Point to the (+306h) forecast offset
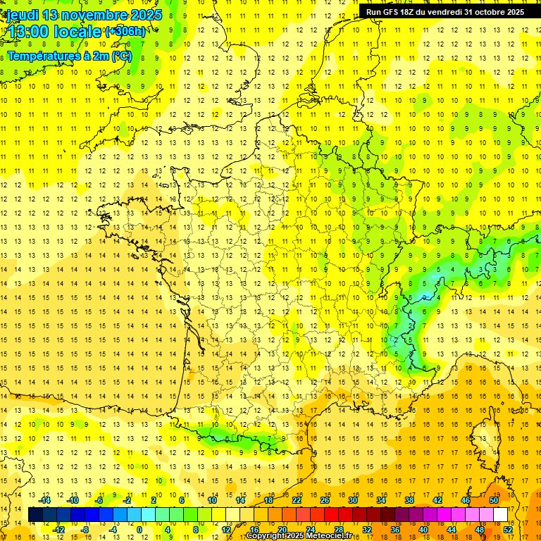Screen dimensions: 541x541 125,32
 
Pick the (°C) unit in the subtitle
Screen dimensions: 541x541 121,56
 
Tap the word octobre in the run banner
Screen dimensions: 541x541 490,12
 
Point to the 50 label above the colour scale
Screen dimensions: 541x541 494,500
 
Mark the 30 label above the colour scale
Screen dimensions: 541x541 353,500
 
